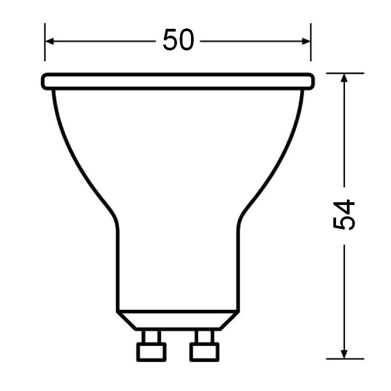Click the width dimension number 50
pos(178,41)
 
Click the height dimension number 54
pos(345,215)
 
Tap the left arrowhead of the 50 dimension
pos(49,41)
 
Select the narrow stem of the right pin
pos(204,336)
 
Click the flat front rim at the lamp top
pos(178,81)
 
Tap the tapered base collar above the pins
pos(178,320)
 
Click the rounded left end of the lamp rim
pos(44,81)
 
